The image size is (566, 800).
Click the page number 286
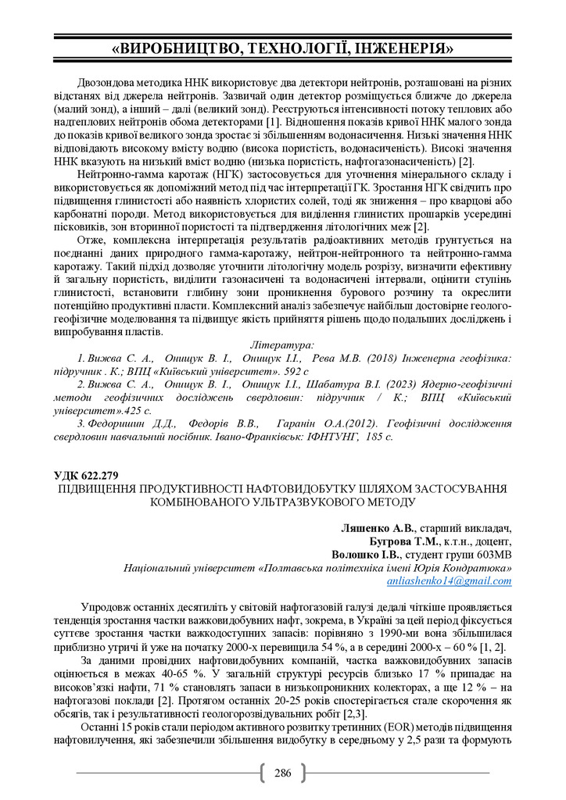pyautogui.click(x=283, y=773)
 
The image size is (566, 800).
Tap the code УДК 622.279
pyautogui.click(x=86, y=475)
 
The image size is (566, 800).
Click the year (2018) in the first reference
pyautogui.click(x=381, y=356)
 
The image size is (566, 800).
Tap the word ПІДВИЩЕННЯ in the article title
pyautogui.click(x=98, y=488)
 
